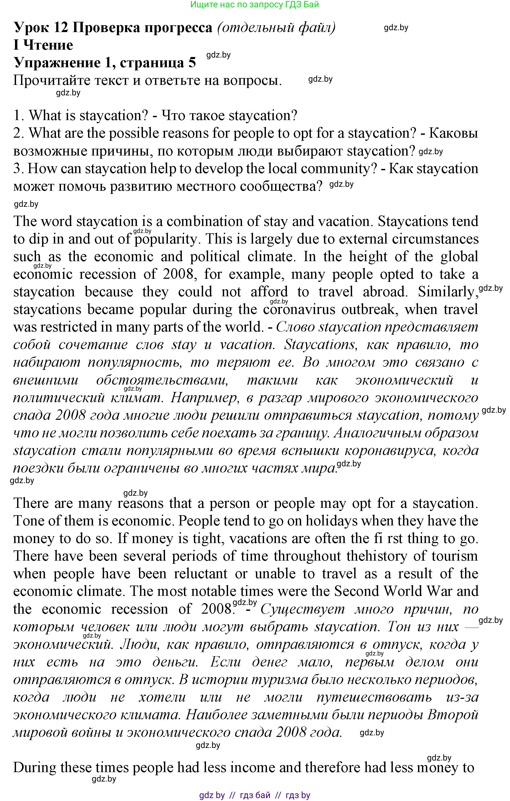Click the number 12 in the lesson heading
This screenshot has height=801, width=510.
tap(60, 28)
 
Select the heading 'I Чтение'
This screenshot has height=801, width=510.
tap(43, 45)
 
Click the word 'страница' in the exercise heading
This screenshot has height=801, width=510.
tap(151, 63)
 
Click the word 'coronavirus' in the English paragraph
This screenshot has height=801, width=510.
tap(299, 310)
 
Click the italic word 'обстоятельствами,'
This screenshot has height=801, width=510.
tap(162, 380)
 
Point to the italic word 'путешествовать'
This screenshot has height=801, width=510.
tap(374, 697)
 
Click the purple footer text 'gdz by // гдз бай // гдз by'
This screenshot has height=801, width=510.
tap(255, 795)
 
